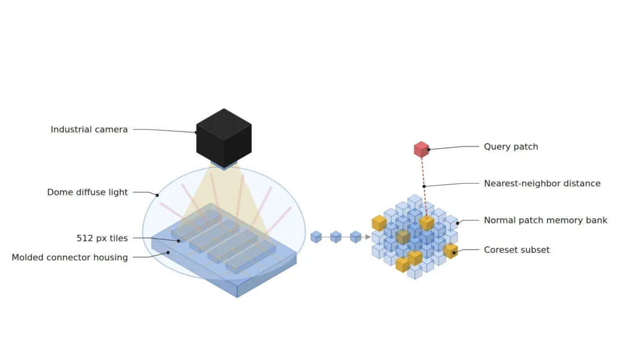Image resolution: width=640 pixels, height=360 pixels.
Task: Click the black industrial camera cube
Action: coord(223,138)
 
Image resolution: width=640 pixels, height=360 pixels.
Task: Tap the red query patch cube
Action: coord(421,149)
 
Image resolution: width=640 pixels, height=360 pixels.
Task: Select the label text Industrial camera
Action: coord(89,129)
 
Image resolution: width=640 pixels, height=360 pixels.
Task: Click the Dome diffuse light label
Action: coord(88,192)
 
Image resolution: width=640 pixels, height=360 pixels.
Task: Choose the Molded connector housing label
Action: coord(70,258)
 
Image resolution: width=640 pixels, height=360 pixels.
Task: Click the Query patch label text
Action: coord(511,147)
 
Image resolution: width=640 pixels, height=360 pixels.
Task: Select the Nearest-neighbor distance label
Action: coord(542,183)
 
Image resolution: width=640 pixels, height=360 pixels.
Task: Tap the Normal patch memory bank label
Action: coord(545,220)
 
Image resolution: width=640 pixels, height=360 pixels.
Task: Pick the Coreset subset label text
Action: coord(516,250)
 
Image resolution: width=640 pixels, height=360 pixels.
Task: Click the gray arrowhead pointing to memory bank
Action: coord(368,237)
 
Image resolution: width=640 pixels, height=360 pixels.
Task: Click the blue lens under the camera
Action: coord(223,165)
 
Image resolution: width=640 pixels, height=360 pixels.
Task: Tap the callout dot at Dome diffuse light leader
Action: coord(157,195)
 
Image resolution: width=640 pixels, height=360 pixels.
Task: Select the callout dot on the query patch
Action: coord(428,150)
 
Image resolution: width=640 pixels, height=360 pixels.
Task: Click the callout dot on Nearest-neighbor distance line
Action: coord(424,186)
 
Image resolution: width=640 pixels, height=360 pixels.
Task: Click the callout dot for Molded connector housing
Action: coord(168,253)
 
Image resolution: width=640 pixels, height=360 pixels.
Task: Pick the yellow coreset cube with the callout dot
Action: coord(451,251)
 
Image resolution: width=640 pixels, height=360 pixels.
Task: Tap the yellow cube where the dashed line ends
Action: coord(427,224)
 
